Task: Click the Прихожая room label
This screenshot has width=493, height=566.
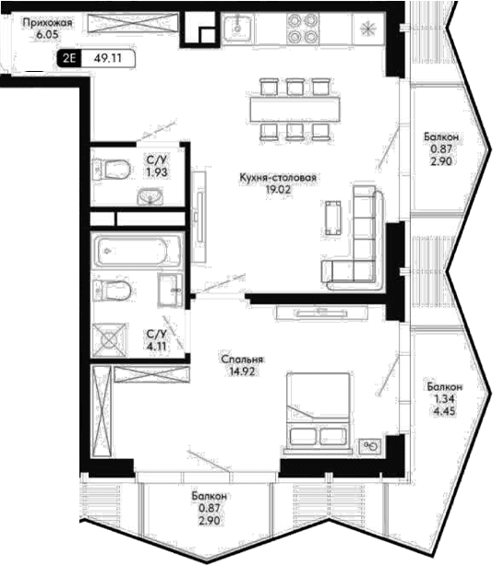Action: [48, 23]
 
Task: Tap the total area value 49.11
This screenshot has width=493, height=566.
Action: [108, 58]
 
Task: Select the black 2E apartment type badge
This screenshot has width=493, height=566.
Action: [69, 58]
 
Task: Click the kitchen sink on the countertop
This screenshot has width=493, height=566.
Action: [237, 28]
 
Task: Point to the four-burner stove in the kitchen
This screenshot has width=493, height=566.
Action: [302, 28]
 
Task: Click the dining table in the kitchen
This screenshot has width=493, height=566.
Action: [295, 110]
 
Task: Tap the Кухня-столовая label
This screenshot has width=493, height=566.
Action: [278, 178]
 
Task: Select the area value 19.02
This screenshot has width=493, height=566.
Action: [278, 189]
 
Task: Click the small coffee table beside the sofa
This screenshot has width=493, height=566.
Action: [332, 218]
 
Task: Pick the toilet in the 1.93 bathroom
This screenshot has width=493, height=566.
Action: [112, 169]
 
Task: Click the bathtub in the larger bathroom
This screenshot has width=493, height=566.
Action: [137, 251]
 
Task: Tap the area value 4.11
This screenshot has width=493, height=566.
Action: [157, 347]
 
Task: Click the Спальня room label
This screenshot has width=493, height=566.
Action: [242, 360]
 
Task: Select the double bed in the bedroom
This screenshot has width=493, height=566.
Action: [319, 411]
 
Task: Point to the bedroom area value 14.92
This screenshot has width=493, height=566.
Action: [242, 371]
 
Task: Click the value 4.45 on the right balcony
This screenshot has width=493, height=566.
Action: [444, 411]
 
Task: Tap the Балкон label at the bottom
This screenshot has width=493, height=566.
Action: [210, 496]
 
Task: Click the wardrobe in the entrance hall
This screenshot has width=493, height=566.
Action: [133, 23]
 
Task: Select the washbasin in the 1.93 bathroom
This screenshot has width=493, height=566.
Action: [150, 196]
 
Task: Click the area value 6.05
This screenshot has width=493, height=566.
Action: [48, 35]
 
